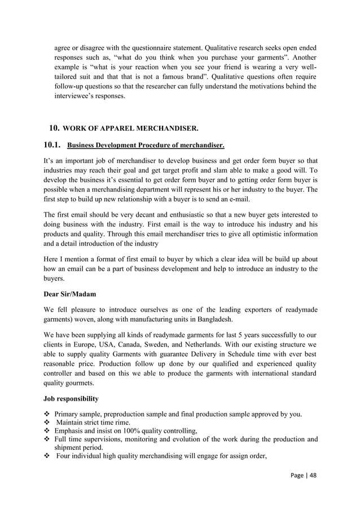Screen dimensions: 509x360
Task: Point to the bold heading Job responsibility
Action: pyautogui.click(x=71, y=399)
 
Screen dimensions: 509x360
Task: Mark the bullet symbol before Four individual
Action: pyautogui.click(x=47, y=456)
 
